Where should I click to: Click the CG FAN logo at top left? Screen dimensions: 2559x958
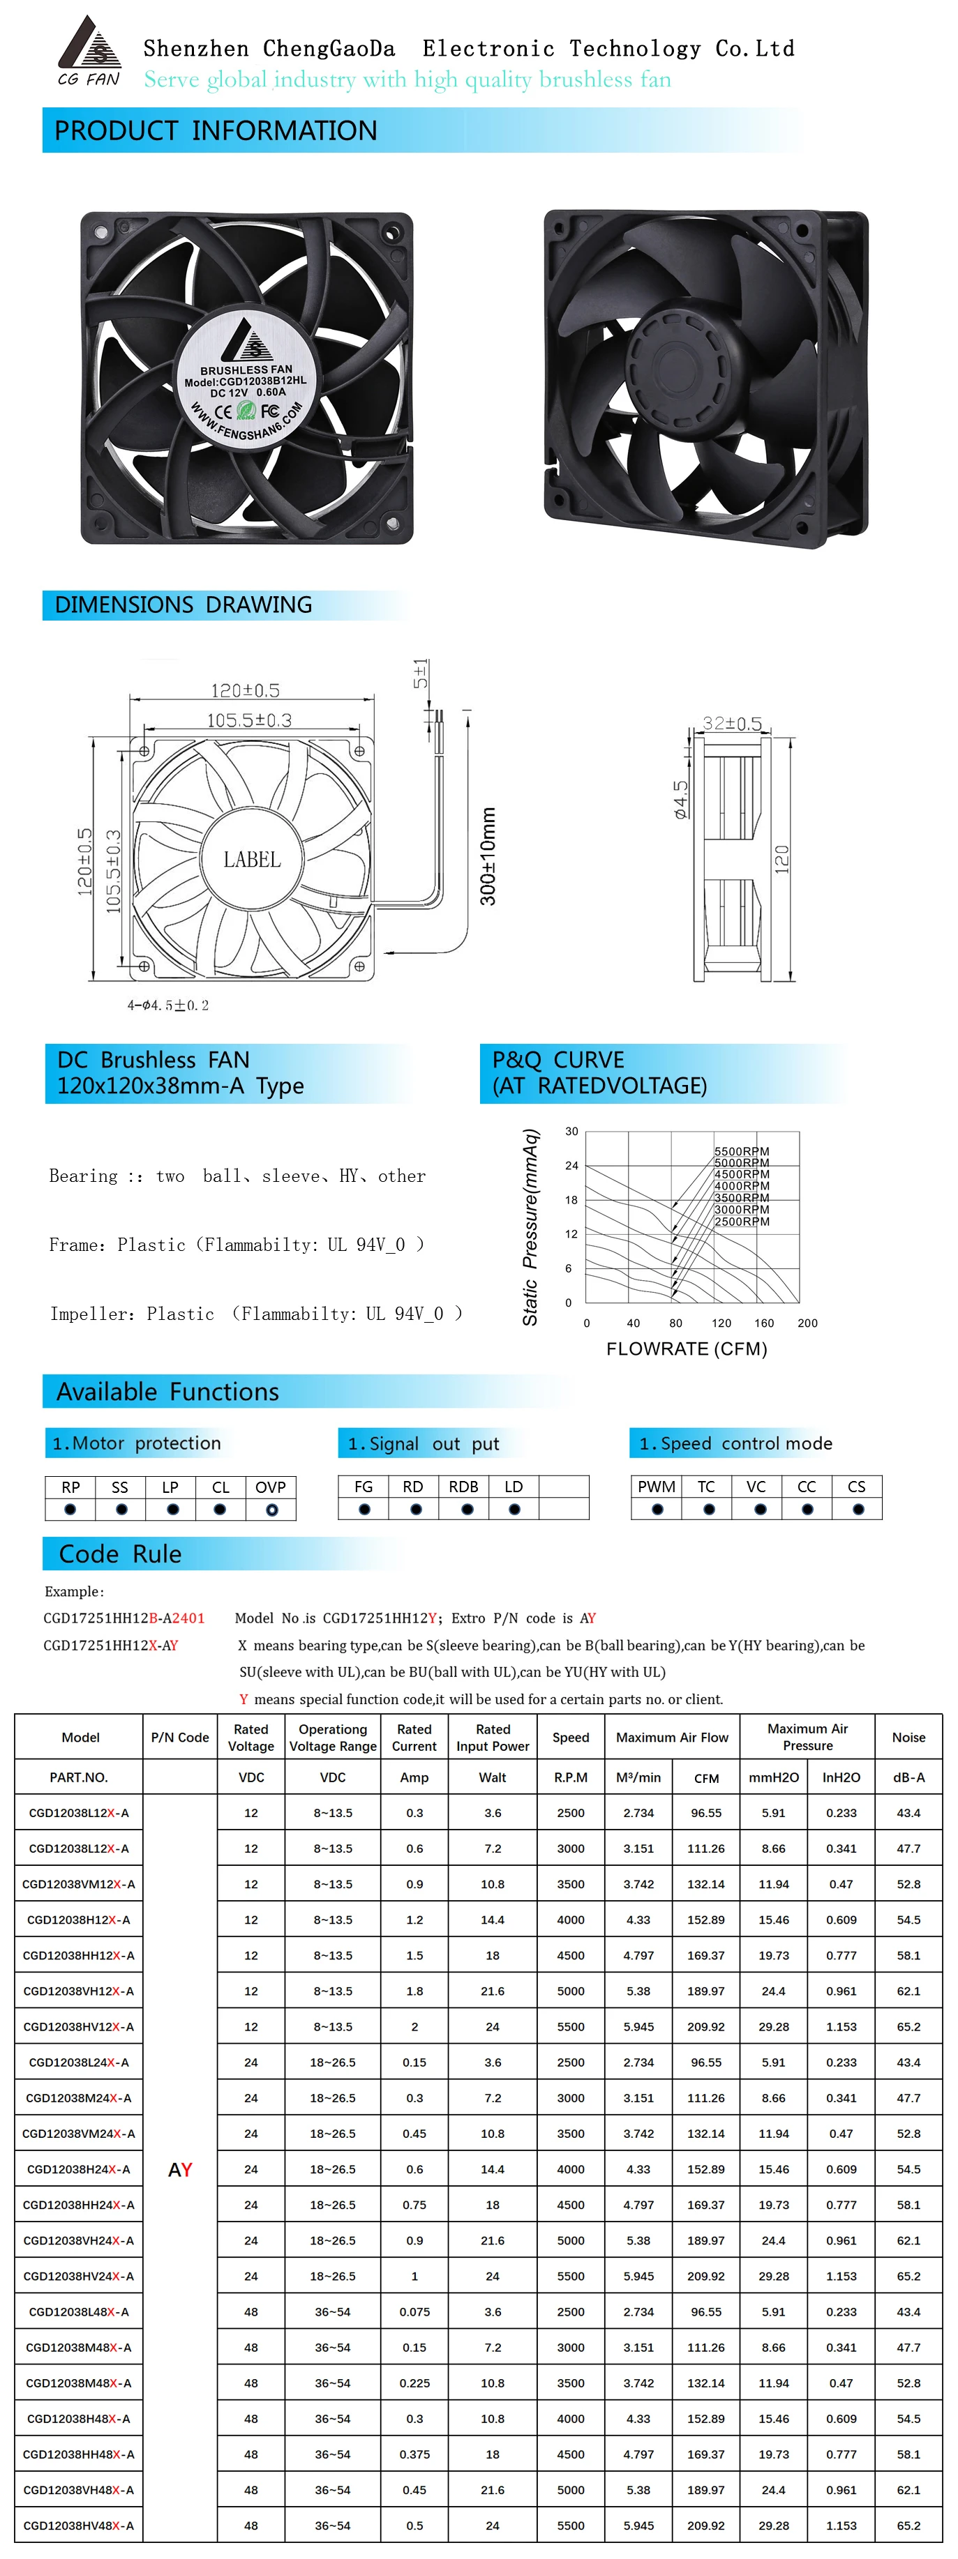coord(89,52)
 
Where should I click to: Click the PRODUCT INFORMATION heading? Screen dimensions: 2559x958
coord(216,131)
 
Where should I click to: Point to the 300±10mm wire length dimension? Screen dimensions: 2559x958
coord(488,856)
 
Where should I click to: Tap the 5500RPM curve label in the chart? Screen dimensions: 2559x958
coord(742,1151)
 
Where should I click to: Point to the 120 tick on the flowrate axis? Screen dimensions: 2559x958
coord(721,1323)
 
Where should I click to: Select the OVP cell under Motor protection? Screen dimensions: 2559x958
coord(270,1487)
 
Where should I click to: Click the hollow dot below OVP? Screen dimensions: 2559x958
coord(271,1510)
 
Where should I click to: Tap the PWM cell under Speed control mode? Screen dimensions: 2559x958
coord(656,1487)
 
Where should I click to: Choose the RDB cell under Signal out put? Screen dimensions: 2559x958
coord(463,1487)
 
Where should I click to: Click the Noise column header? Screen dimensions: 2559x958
coord(908,1738)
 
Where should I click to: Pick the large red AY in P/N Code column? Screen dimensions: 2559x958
coord(180,2170)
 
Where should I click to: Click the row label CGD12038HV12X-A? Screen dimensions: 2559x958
coord(79,2026)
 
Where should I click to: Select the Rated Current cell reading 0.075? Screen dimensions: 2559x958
coord(414,2311)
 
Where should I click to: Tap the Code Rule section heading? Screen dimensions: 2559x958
coord(120,1554)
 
